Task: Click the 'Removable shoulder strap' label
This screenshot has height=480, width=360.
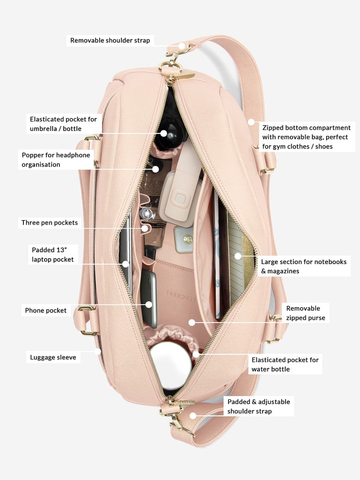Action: coord(110,40)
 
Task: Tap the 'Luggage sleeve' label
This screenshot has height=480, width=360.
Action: coord(53,357)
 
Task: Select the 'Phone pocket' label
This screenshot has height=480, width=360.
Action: coord(46,310)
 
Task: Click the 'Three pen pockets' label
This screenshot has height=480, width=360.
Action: coord(50,222)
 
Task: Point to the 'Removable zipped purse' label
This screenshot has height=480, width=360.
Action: coord(306,313)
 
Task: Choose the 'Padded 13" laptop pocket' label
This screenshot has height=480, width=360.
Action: coord(53,255)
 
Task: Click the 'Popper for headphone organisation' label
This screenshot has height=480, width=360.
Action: coord(56,160)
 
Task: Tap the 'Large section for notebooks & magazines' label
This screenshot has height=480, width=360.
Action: coord(304,266)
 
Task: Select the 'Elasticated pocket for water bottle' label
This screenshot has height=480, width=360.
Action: coord(285,364)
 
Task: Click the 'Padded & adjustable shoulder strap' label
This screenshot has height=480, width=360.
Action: coord(259,406)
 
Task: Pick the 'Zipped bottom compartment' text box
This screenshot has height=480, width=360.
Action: coord(307,137)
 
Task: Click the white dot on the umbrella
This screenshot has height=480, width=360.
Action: coord(163,133)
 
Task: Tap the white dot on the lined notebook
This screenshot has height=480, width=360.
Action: coord(238,256)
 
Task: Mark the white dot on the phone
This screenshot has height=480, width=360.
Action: coord(149,304)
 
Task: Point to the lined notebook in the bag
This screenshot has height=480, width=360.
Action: coord(239,260)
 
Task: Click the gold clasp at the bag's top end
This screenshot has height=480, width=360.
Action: coord(173,61)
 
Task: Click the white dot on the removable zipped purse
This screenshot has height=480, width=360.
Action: coord(191,322)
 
